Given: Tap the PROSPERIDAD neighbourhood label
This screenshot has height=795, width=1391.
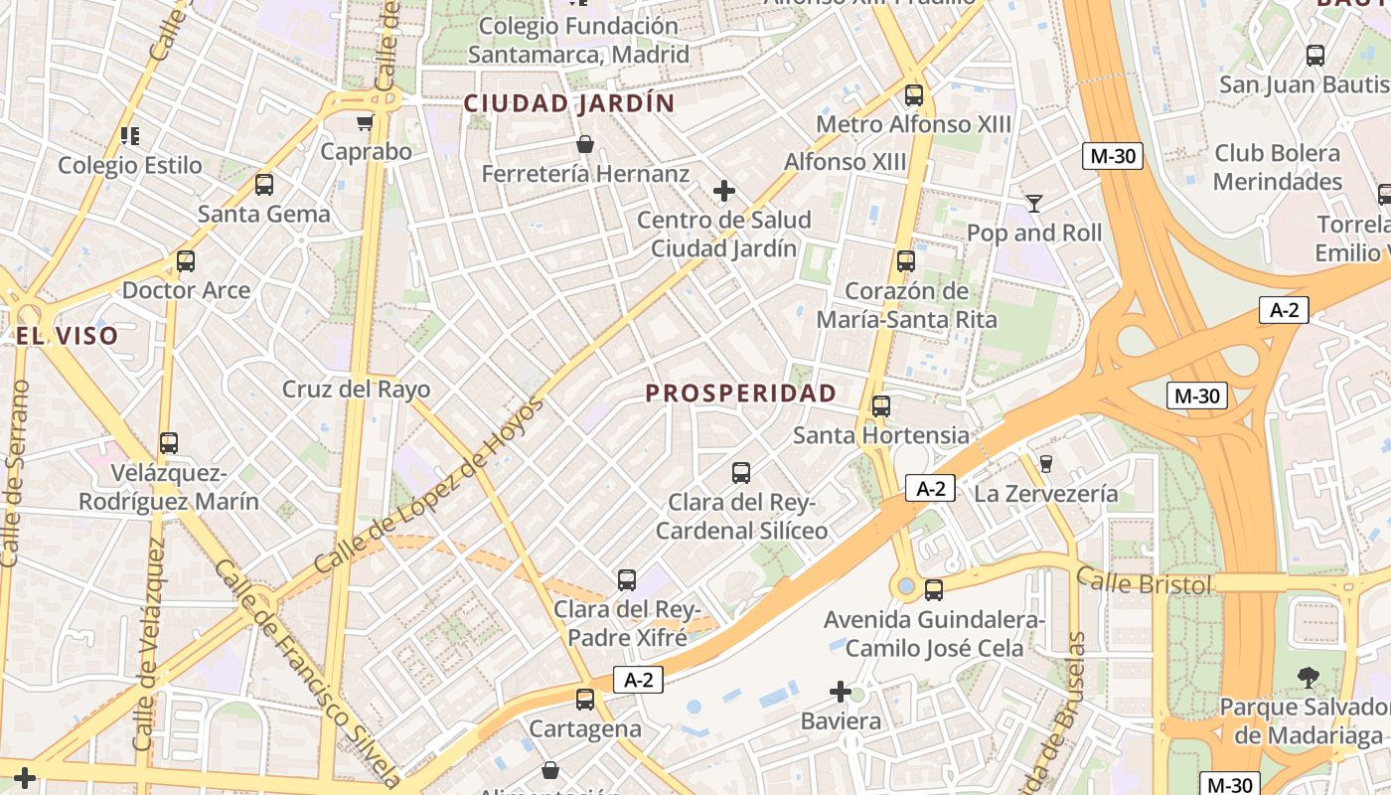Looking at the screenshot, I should (741, 394).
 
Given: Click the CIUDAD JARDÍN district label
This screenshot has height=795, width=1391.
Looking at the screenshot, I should (569, 103).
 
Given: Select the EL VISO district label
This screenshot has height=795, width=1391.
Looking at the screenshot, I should (67, 336).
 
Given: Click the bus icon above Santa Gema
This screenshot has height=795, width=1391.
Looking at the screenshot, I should (263, 185).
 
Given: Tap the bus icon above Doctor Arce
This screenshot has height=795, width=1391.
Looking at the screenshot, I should (186, 261).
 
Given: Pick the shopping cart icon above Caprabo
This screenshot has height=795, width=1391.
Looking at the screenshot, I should (365, 123).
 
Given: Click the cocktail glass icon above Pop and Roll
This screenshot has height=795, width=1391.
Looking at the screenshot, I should (1034, 204).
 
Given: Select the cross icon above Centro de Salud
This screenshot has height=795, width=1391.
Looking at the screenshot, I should (724, 190).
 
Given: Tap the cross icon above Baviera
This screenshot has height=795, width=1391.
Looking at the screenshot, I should (841, 691).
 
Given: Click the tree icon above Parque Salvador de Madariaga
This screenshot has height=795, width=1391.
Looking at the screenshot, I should (1308, 678).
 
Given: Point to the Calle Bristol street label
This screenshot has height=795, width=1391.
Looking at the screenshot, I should (1144, 582).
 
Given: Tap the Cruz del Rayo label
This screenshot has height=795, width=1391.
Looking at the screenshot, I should (343, 389).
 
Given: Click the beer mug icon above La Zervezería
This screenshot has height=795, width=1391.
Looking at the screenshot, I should (1045, 463).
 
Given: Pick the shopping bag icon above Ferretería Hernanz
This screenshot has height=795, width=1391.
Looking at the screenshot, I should (585, 145).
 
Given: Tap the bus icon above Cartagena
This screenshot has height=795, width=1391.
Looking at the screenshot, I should (585, 700).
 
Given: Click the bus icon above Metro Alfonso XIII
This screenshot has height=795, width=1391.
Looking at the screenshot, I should (913, 95).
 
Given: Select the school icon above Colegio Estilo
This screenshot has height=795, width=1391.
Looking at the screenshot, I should (129, 135).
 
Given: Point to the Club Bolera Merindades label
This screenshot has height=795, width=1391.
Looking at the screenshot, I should (1277, 167).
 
